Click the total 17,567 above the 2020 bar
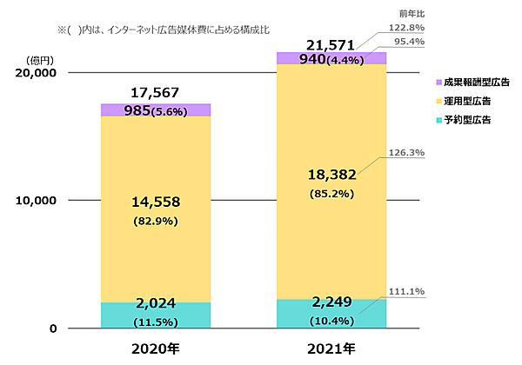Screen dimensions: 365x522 point(155,93)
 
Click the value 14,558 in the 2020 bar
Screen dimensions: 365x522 point(155,202)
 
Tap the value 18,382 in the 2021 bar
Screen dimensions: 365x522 point(331,176)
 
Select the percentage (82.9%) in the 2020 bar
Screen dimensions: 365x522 point(155,221)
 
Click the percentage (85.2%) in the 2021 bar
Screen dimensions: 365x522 point(331,193)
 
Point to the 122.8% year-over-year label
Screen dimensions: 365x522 point(406,28)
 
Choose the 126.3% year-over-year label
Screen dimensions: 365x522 point(406,153)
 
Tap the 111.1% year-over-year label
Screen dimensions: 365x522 point(406,290)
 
